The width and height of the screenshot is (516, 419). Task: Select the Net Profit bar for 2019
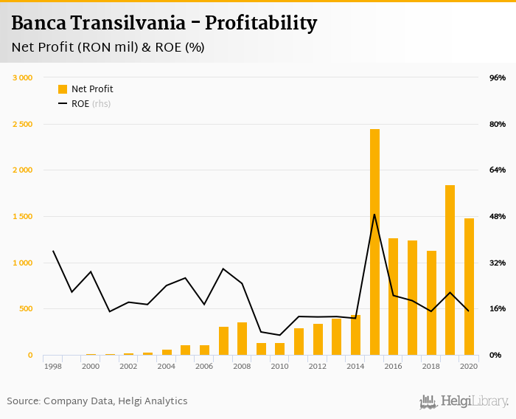point(450,270)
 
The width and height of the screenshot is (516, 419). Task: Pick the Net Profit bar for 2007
point(223,341)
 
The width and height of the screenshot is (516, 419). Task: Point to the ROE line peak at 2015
point(374,215)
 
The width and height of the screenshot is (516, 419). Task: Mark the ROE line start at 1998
point(53,251)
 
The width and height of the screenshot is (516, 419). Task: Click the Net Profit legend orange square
point(63,89)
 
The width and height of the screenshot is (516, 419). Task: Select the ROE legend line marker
point(63,104)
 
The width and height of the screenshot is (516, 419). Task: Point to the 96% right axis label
point(497,77)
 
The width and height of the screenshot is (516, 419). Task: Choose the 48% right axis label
point(497,216)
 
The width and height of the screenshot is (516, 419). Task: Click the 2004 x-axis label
point(167,366)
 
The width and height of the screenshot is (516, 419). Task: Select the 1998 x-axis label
point(53,366)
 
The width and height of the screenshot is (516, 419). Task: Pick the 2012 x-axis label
point(318,366)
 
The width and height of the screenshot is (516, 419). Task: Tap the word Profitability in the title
point(261,24)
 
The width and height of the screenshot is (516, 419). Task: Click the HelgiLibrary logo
point(464,402)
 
